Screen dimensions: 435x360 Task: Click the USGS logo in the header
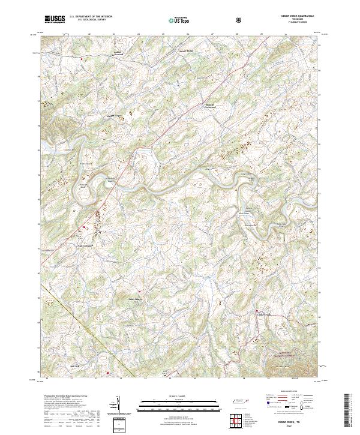(x=55, y=19)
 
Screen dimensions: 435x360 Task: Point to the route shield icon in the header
(x=239, y=19)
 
